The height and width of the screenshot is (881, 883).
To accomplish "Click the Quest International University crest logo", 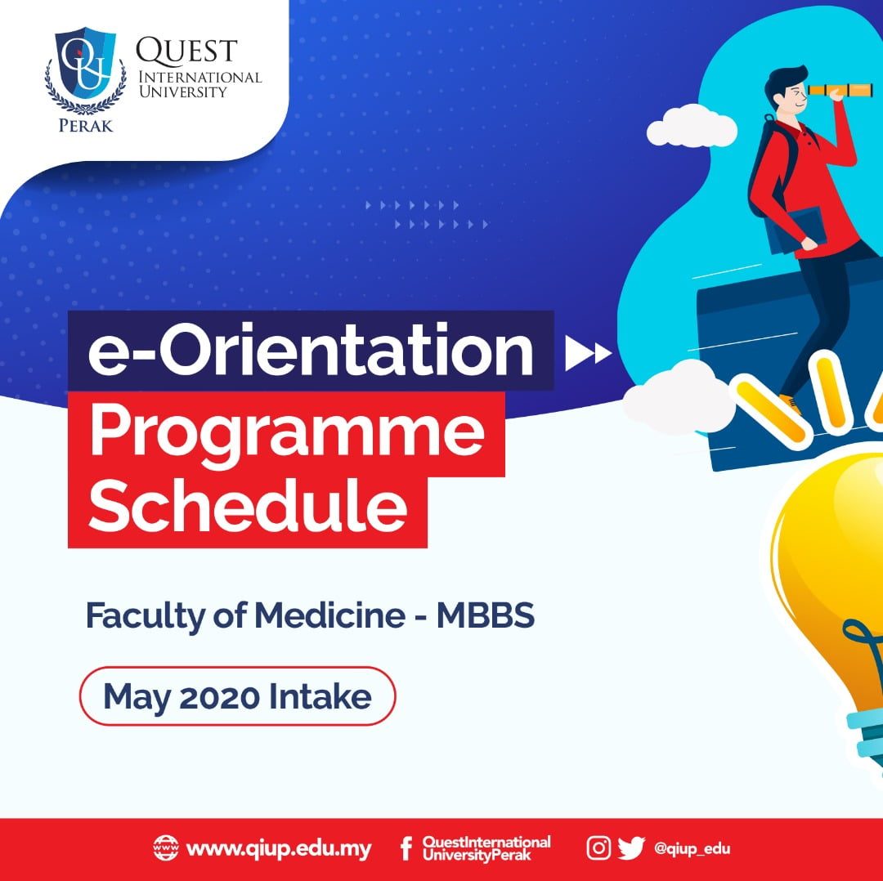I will (x=85, y=73).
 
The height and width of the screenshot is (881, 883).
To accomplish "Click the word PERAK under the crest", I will (x=85, y=125).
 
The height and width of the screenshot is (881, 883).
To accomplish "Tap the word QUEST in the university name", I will (x=187, y=51).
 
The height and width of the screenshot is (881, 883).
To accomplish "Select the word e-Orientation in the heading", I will (x=311, y=351).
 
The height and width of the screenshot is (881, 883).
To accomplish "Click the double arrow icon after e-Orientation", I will (x=589, y=353).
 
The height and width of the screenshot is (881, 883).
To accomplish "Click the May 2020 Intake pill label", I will (x=237, y=697).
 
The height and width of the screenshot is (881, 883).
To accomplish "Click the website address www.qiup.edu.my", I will (x=279, y=848).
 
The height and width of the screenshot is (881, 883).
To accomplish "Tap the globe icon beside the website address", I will (x=166, y=848).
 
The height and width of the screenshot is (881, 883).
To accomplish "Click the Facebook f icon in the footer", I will (x=406, y=848).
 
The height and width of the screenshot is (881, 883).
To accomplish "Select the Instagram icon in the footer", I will (x=598, y=848).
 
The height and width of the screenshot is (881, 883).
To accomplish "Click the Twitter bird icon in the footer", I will (x=631, y=848).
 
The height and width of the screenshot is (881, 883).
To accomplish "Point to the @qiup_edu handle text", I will (x=692, y=848).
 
